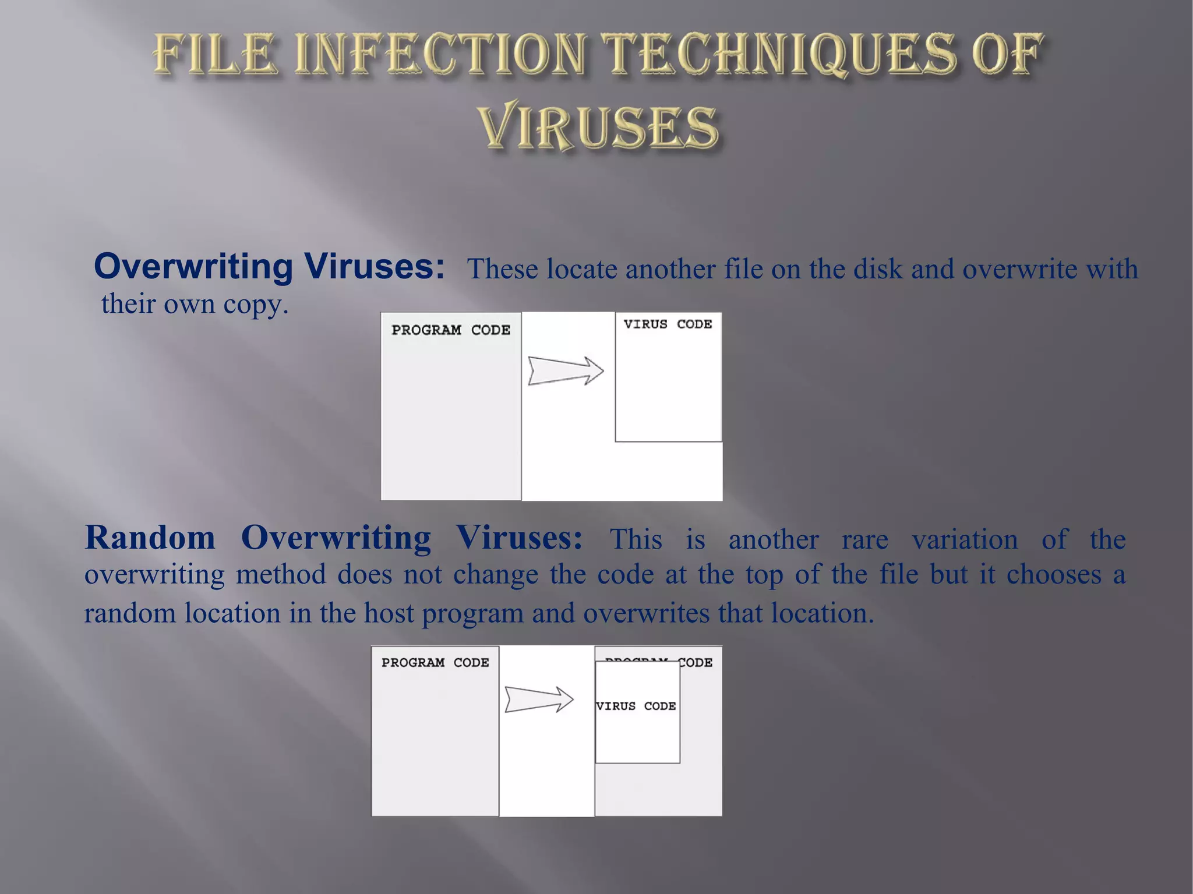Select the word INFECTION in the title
(x=440, y=55)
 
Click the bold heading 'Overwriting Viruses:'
(x=269, y=267)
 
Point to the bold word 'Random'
(x=150, y=538)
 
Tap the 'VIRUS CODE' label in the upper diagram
(x=668, y=324)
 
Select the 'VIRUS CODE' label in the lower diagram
(x=636, y=706)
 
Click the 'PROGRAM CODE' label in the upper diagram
(x=451, y=330)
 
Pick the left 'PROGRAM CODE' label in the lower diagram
(x=435, y=663)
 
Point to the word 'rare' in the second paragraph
(x=864, y=540)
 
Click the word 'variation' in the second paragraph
(x=965, y=540)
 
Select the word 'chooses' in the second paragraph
(x=1054, y=575)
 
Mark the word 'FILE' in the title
(x=215, y=55)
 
